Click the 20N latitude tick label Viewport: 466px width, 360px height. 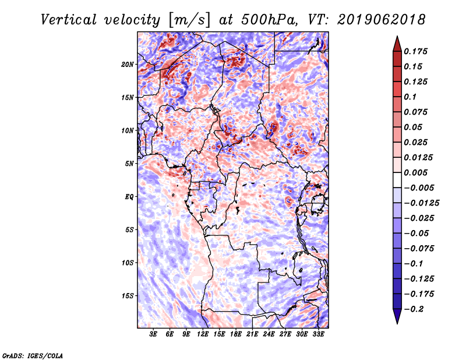tap(128, 64)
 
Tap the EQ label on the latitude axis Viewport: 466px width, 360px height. tap(129, 196)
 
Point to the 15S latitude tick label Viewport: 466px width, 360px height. tap(128, 295)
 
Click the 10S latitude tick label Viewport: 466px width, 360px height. tap(128, 263)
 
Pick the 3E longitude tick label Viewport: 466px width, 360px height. tap(153, 334)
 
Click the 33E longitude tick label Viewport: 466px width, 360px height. tap(319, 334)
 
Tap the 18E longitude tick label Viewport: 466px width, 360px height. tap(236, 334)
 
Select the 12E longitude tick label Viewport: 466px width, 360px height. tap(203, 334)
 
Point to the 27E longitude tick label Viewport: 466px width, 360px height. tap(285, 334)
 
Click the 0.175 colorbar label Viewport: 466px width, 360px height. tap(416, 51)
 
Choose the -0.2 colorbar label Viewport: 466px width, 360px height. tap(415, 309)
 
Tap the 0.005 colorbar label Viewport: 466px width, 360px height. tap(416, 172)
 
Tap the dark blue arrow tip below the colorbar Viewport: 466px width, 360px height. tap(397, 319)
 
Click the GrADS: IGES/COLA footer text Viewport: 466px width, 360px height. tap(32, 355)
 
